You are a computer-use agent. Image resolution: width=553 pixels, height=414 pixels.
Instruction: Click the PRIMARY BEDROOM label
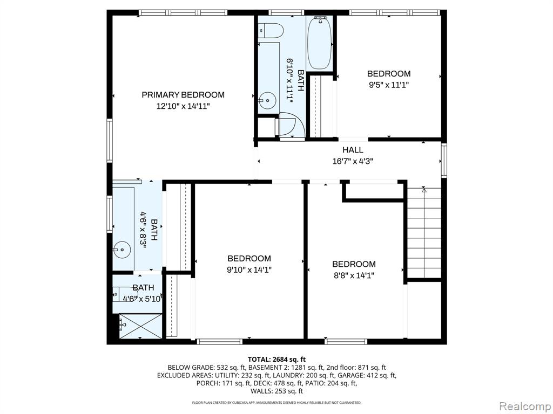[x=183, y=95]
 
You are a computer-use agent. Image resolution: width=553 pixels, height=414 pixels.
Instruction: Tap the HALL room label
[x=353, y=150]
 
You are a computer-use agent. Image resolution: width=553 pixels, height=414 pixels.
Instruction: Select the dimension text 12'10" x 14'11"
[x=183, y=106]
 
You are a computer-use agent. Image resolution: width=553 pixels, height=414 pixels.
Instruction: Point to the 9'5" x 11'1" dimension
[x=389, y=85]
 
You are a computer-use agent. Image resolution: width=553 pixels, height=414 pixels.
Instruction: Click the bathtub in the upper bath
[x=319, y=43]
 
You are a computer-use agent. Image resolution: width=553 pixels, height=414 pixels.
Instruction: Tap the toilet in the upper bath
[x=271, y=31]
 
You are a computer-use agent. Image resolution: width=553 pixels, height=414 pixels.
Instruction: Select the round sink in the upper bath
[x=267, y=100]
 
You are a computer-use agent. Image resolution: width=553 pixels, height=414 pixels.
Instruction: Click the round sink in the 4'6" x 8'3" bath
[x=122, y=250]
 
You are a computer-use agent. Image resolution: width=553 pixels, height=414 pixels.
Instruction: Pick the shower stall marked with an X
[x=141, y=326]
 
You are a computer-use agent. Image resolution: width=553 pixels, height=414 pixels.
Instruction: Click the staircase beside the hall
[x=424, y=233]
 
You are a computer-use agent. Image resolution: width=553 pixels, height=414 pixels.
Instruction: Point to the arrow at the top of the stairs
[x=424, y=190]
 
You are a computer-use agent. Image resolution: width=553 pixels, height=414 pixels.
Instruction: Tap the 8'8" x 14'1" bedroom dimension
[x=354, y=275]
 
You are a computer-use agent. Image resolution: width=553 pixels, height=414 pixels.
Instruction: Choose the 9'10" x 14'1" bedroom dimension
[x=249, y=270]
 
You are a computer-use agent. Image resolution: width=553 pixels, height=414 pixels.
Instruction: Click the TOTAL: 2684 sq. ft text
[x=276, y=360]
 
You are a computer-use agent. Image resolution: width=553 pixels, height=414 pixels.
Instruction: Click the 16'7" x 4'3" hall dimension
[x=353, y=162]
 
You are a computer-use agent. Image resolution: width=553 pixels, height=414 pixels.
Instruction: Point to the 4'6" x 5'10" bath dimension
[x=143, y=299]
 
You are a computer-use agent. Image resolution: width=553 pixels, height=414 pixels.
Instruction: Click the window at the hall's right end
[x=444, y=161]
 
